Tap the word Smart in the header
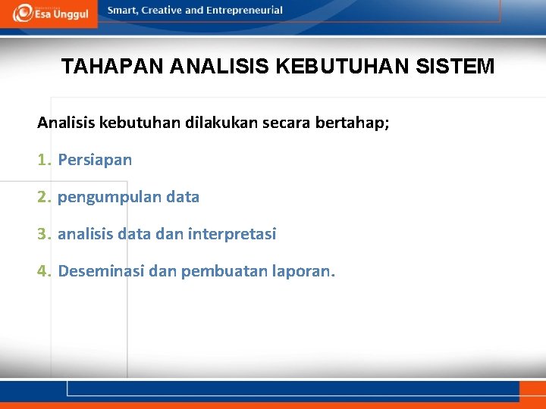[x=123, y=11]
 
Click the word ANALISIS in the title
[x=221, y=67]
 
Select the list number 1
[x=42, y=161]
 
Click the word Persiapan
[x=95, y=161]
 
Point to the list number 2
[x=42, y=198]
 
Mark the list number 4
[x=42, y=271]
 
